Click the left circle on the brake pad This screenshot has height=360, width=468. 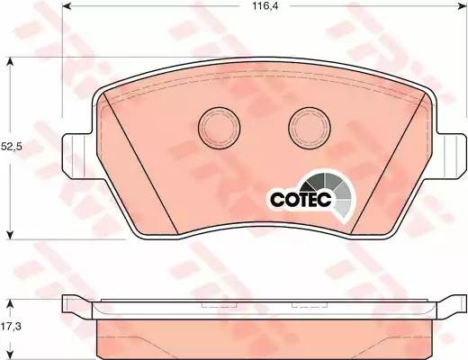[x=217, y=125]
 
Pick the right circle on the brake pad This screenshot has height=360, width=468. [x=307, y=125]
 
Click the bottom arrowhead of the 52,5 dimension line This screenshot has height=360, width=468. [x=11, y=236]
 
